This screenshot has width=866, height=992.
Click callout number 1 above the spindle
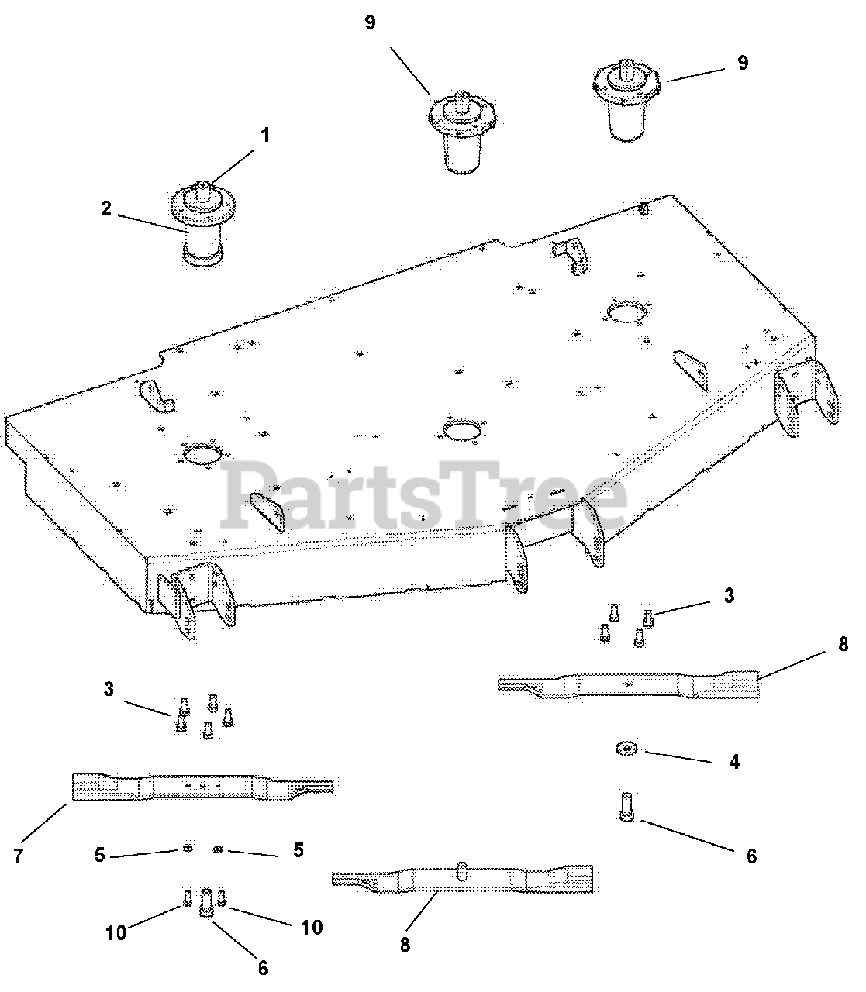coord(264,136)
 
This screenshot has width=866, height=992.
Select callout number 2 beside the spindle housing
coord(106,208)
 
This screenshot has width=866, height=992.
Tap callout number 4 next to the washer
coord(734,762)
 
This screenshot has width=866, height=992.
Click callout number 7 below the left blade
coord(18,856)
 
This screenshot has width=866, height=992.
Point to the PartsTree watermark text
coord(424,495)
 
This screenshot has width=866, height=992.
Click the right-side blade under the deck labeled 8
coord(629,685)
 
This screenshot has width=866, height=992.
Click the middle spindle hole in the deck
coord(463,429)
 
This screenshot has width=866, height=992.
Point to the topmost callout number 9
coord(370,22)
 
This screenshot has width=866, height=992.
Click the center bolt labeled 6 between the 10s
coord(205,902)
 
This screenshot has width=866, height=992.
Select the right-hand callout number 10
coord(312,928)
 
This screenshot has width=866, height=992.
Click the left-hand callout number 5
coord(99,855)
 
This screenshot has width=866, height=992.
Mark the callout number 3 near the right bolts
coord(730,596)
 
